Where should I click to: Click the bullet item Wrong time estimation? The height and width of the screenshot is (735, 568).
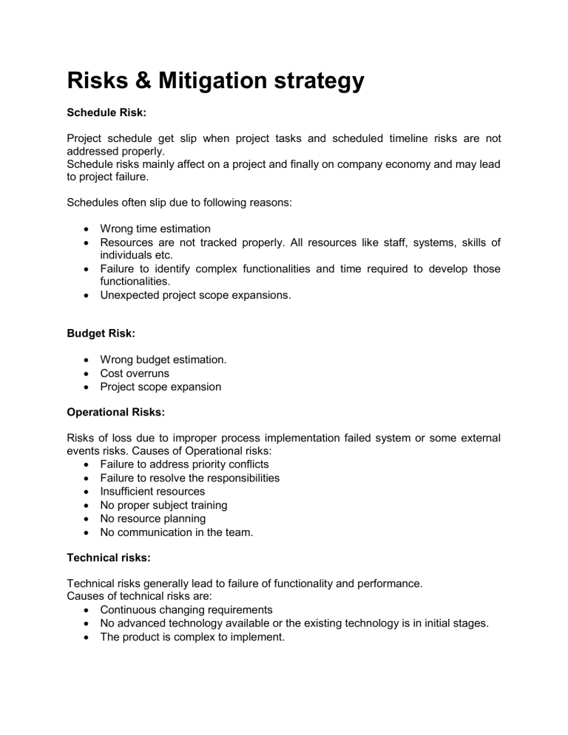click(x=155, y=228)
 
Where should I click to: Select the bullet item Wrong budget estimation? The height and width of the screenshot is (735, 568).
click(x=163, y=359)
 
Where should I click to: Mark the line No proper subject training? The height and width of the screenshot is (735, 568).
click(x=163, y=505)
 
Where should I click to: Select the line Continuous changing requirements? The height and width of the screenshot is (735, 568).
click(x=186, y=610)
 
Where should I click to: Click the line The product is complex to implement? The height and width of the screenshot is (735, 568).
click(x=192, y=637)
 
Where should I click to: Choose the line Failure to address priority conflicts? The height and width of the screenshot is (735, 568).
click(x=184, y=464)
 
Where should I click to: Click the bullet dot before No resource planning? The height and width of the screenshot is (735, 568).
click(x=89, y=519)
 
